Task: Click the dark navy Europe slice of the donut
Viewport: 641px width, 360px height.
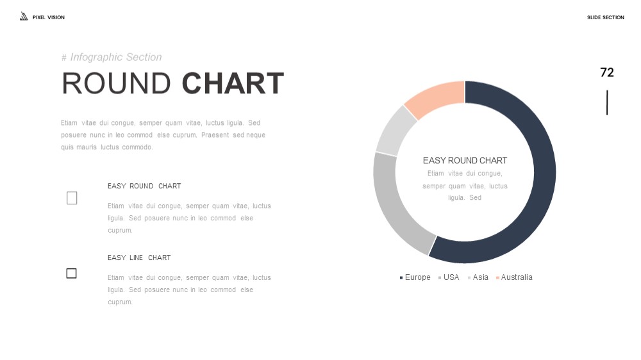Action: [544, 172]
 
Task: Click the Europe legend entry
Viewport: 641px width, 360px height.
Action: [415, 277]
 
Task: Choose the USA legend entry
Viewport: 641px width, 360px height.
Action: [449, 277]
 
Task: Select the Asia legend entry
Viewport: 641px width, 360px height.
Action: [478, 277]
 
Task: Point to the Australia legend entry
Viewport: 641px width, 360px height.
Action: [514, 277]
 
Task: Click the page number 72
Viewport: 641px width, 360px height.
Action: [607, 72]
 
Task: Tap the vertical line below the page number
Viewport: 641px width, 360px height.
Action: [607, 102]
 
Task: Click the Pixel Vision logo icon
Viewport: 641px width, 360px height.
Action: [24, 17]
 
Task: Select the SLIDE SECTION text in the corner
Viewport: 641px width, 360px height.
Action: [606, 17]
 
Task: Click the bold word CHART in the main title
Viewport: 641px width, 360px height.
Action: [233, 83]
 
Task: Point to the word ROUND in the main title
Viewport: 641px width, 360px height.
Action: [116, 83]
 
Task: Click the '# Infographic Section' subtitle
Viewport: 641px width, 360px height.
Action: [112, 57]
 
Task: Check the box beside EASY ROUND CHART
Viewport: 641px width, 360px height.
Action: [72, 198]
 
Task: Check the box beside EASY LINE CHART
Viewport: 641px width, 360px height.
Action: [72, 274]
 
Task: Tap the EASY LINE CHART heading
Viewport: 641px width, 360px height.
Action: [139, 258]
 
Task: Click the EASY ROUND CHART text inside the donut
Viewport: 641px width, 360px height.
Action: [465, 161]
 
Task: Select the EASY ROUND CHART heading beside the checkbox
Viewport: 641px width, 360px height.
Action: [144, 186]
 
